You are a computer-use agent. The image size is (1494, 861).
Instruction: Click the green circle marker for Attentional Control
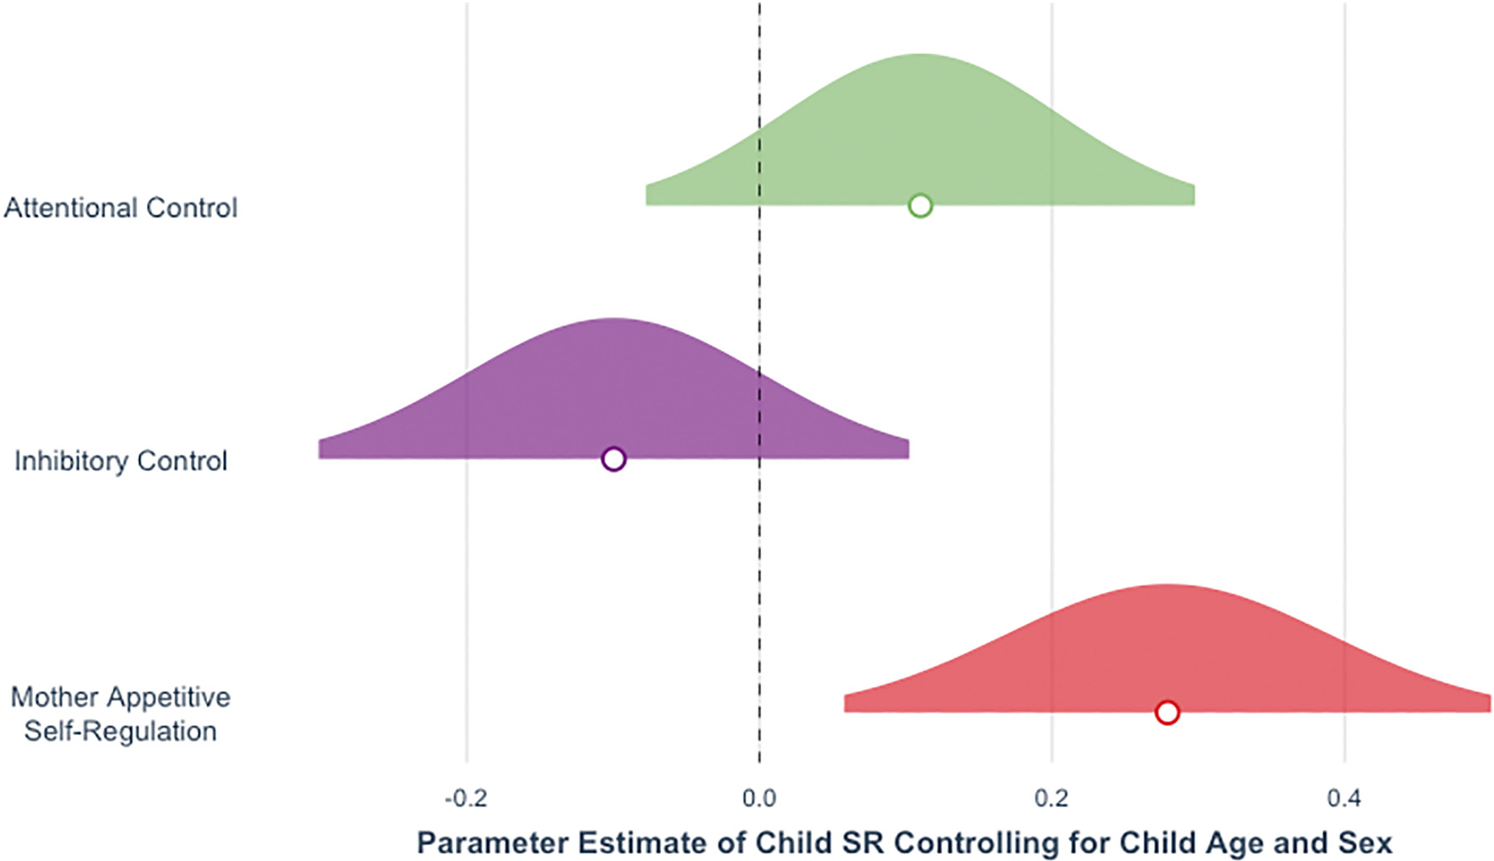coord(920,205)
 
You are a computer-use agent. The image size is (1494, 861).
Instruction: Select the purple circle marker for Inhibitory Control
coord(614,459)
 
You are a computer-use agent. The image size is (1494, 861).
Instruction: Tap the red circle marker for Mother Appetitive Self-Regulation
coord(1167,712)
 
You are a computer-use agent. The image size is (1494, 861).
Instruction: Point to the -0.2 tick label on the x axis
coord(465,798)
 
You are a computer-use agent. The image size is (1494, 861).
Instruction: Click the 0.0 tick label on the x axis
coord(759,798)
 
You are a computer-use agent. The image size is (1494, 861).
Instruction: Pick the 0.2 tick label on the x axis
coord(1052,798)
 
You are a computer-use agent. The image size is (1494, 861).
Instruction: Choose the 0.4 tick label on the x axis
coord(1344,798)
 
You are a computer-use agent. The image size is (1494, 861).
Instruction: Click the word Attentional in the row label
coord(72,208)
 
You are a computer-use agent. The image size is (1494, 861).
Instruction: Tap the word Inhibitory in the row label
coord(72,461)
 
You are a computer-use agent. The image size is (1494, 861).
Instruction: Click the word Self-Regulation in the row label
coord(120,731)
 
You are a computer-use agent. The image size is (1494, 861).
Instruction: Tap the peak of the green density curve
coord(920,55)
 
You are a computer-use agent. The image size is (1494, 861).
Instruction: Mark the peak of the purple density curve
coord(614,320)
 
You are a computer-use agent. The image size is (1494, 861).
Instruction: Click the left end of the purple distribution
coord(321,450)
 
